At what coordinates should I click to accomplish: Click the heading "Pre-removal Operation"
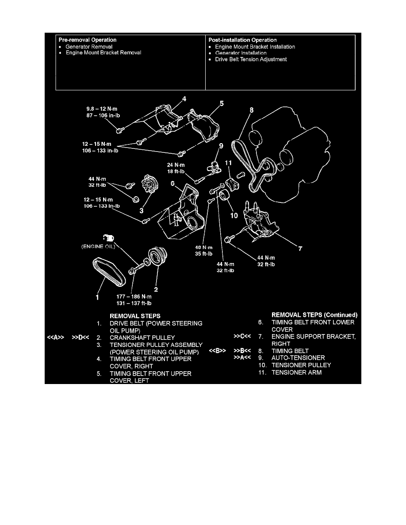(88, 40)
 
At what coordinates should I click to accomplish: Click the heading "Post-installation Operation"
(242, 40)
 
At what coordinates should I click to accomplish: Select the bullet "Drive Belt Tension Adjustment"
(251, 59)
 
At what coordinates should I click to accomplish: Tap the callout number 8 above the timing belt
(251, 110)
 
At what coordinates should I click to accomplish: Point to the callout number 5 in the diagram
(222, 103)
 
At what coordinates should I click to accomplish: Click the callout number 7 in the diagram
(300, 248)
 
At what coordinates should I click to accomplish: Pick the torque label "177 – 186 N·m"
(134, 297)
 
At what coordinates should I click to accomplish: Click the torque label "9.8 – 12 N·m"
(102, 109)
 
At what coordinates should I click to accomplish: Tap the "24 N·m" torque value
(176, 165)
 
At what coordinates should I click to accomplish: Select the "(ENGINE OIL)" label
(98, 247)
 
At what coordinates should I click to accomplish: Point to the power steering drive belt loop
(110, 272)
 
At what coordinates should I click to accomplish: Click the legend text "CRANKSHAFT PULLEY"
(142, 338)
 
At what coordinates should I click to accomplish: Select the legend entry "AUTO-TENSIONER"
(298, 358)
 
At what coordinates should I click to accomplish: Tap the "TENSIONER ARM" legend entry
(296, 373)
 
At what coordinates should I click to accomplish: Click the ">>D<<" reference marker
(80, 338)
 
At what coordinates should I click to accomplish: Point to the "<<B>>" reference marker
(218, 351)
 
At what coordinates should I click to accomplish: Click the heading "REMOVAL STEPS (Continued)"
(314, 315)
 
